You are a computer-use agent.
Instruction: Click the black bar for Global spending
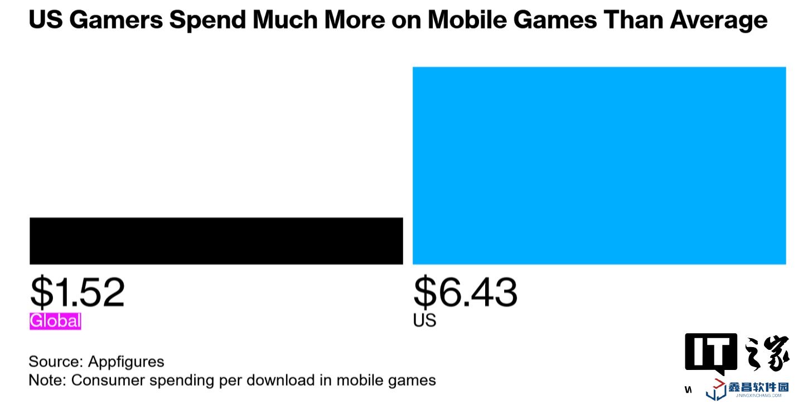tap(216, 241)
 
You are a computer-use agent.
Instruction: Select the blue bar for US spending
tap(599, 165)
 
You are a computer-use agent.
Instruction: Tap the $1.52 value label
tap(77, 292)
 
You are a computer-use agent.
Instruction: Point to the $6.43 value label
tap(465, 292)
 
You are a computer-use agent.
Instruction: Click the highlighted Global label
tap(55, 321)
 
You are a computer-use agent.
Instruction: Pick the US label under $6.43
tap(424, 321)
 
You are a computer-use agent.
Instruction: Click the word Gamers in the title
tap(115, 21)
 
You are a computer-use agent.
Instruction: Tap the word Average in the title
tap(719, 21)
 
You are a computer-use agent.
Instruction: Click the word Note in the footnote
tap(46, 381)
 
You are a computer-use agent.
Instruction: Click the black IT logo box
tap(711, 353)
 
